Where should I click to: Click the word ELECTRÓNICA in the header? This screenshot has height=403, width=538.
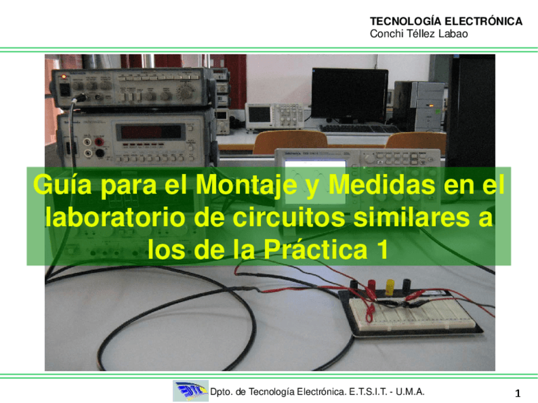[x=483, y=22]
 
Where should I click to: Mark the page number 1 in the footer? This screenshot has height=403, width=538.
[x=518, y=393]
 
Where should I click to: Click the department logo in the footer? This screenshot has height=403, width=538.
[x=190, y=391]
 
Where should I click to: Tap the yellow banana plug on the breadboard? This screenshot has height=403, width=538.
[x=390, y=287]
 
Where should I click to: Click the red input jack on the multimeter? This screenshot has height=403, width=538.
[x=99, y=142]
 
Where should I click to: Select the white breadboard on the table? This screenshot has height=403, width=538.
[x=410, y=313]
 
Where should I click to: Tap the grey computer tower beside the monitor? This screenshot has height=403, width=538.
[x=419, y=106]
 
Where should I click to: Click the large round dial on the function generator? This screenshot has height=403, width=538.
[x=186, y=91]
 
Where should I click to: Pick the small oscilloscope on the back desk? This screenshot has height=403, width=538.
[x=274, y=116]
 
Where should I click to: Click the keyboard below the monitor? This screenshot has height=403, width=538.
[x=358, y=129]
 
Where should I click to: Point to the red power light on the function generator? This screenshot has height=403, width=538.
[x=63, y=77]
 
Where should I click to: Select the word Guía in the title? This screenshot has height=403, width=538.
[x=62, y=185]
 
